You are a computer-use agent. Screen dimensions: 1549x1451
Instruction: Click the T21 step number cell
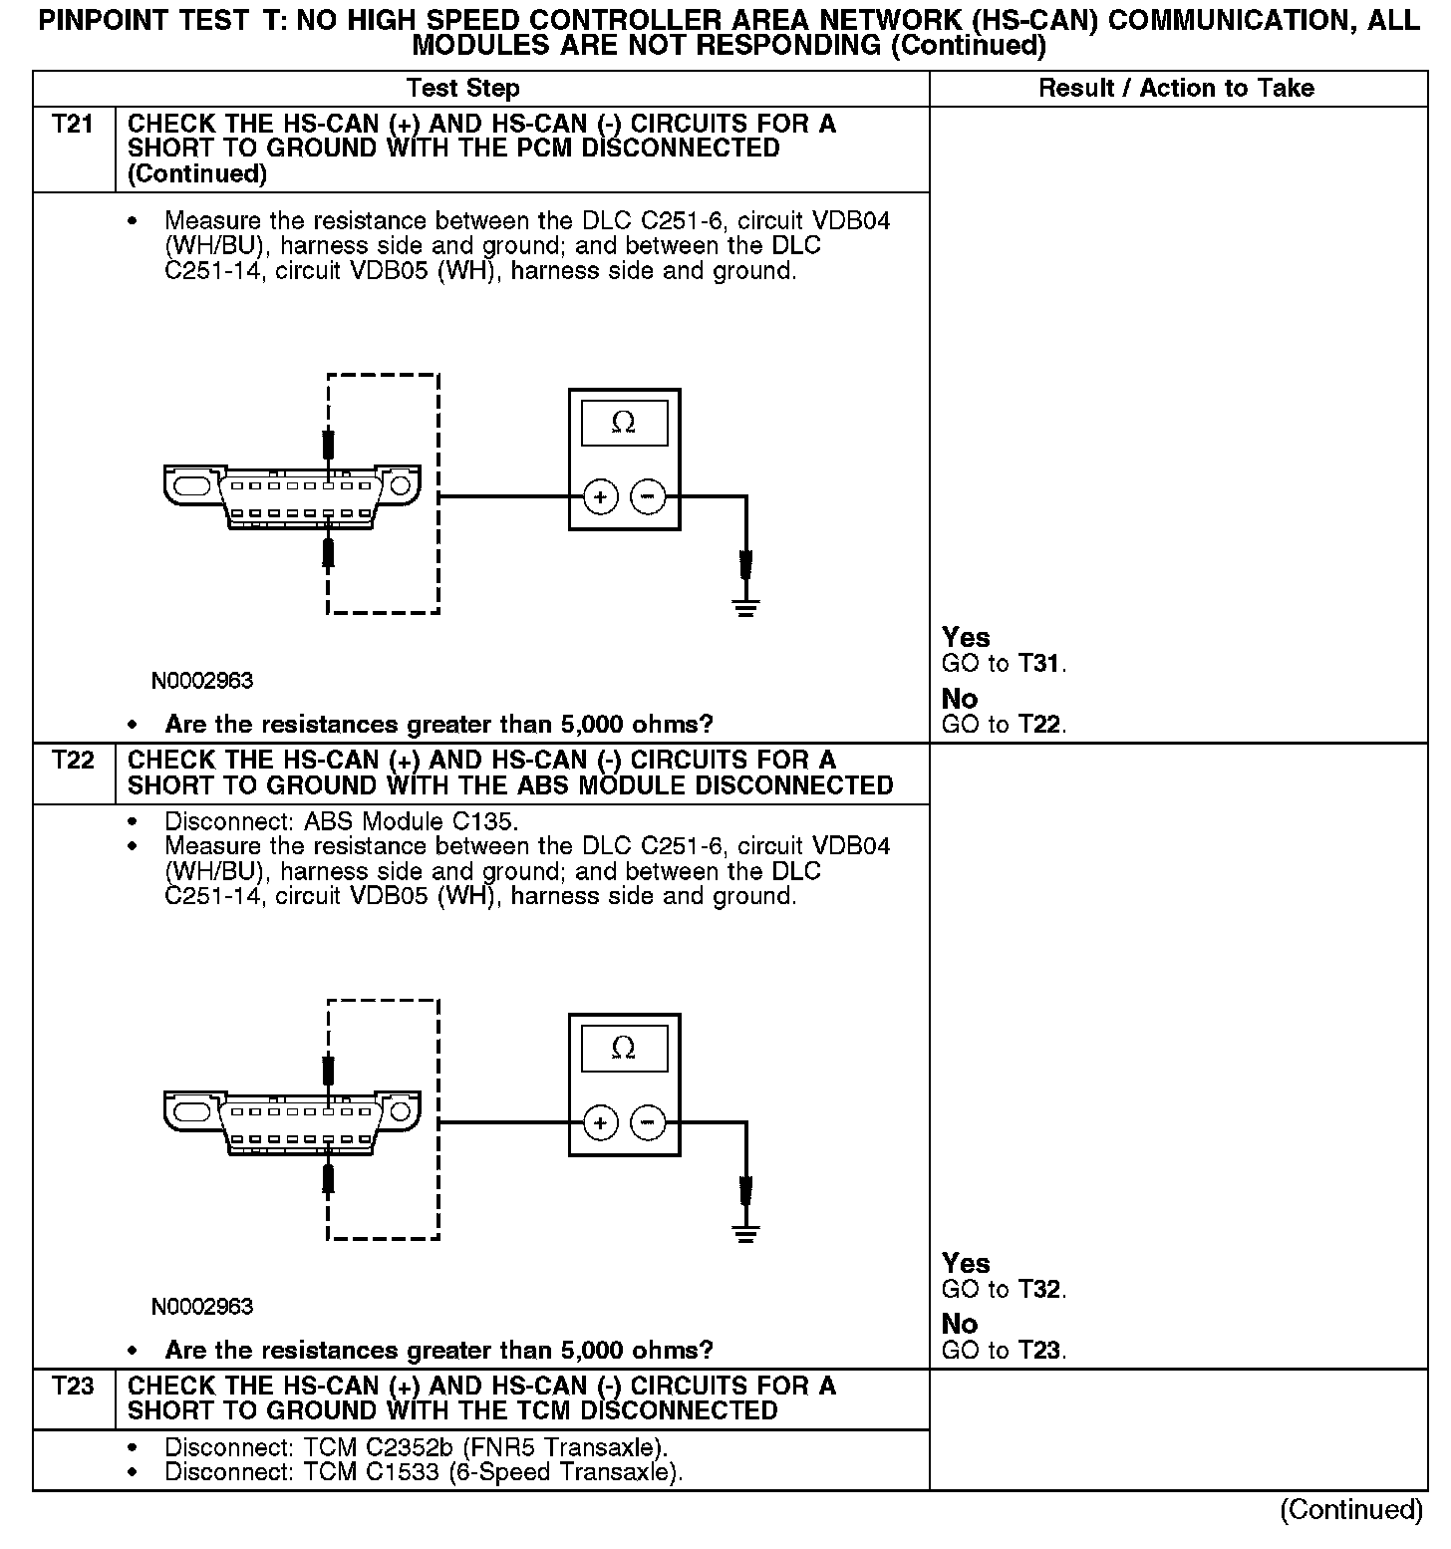point(73,125)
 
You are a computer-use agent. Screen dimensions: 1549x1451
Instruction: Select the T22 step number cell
point(73,761)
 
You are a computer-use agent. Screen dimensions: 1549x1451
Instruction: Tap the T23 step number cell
point(73,1387)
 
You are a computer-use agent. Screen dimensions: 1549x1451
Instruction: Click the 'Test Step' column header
point(463,89)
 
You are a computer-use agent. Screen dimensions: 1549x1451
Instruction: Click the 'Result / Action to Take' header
point(1176,89)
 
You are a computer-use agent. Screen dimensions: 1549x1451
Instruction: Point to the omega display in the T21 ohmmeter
point(624,424)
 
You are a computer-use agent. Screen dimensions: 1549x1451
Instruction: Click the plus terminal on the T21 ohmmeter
point(600,496)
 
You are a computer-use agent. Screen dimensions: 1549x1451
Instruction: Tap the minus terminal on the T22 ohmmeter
point(648,1122)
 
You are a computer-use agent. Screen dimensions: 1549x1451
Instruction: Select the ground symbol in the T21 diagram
point(745,605)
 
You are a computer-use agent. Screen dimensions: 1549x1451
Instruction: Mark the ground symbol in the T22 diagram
point(745,1232)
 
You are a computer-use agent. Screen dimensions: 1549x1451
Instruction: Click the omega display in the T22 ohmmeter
point(624,1049)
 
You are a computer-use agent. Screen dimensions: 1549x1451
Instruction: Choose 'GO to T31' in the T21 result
point(1004,664)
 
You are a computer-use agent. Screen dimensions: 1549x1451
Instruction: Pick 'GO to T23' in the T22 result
point(1004,1352)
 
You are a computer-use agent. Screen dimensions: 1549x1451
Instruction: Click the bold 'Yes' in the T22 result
point(966,1264)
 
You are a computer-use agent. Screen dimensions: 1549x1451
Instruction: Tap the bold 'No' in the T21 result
point(960,699)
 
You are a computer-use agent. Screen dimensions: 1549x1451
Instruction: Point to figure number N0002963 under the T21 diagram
point(202,681)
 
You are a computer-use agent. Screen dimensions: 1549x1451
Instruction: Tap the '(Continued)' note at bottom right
point(1350,1510)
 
